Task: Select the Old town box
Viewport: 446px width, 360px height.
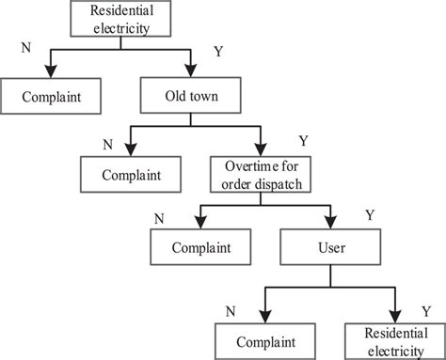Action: [192, 96]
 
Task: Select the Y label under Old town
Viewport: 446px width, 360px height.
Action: [302, 140]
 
